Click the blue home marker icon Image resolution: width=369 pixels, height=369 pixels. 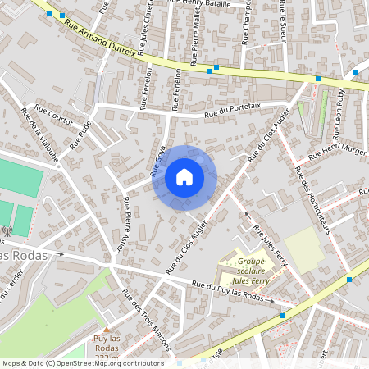coord(184,177)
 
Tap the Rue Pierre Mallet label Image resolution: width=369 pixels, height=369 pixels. coord(194,43)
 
